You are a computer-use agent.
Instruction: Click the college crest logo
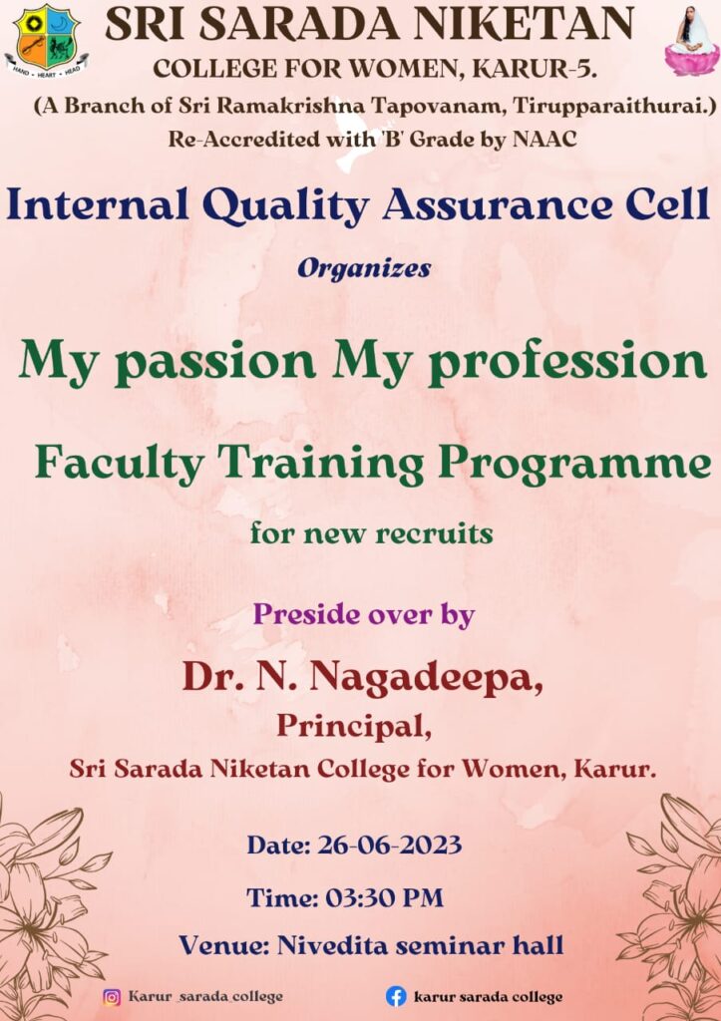pyautogui.click(x=47, y=40)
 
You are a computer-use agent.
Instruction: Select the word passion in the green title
pyautogui.click(x=219, y=363)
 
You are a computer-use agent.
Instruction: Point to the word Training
pyautogui.click(x=320, y=464)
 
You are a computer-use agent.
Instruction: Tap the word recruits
pyautogui.click(x=434, y=534)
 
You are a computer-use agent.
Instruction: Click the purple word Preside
pyautogui.click(x=305, y=614)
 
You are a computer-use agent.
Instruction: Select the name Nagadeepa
pyautogui.click(x=425, y=679)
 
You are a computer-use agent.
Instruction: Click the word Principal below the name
pyautogui.click(x=354, y=727)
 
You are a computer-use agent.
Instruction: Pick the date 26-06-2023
pyautogui.click(x=390, y=846)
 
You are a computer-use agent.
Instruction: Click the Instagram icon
pyautogui.click(x=112, y=997)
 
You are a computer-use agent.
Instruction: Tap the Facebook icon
pyautogui.click(x=396, y=996)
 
